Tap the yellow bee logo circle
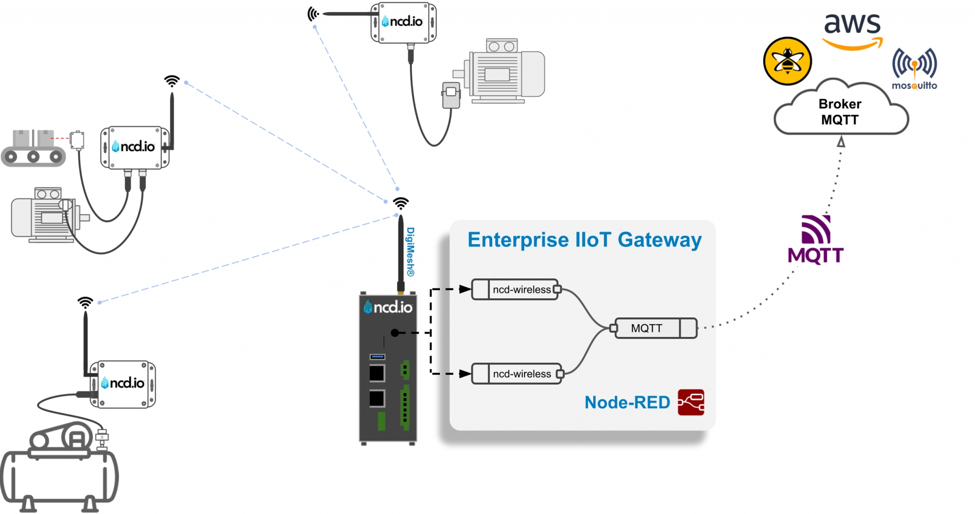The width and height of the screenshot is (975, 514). click(x=787, y=61)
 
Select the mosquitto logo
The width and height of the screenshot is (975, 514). click(x=914, y=69)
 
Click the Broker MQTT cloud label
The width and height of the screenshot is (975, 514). click(x=840, y=112)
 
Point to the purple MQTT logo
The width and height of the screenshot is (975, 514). click(x=816, y=240)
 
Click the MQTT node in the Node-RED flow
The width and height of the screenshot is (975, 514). click(x=655, y=328)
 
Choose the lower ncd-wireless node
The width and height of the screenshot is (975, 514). click(x=517, y=374)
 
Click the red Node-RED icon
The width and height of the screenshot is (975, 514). click(x=691, y=403)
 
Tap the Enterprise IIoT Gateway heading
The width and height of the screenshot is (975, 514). click(x=584, y=240)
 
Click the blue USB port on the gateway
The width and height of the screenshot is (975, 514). click(x=378, y=356)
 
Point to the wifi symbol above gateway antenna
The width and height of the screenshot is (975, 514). click(x=401, y=203)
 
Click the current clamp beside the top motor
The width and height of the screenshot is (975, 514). click(x=451, y=95)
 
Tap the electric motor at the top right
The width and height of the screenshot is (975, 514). click(x=505, y=71)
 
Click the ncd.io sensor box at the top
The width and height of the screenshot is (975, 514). click(x=403, y=22)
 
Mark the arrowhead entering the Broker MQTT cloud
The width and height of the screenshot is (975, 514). click(x=841, y=142)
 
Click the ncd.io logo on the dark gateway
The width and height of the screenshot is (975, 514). click(x=388, y=307)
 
